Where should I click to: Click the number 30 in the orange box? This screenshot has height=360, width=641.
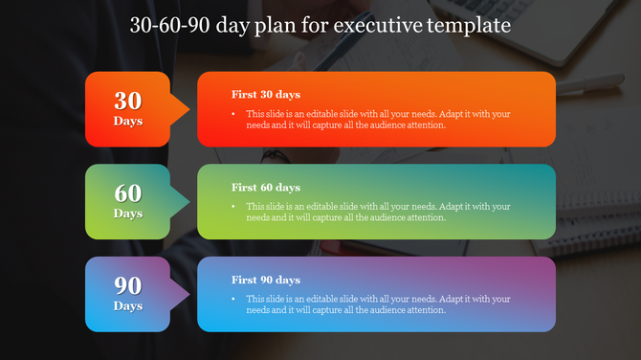[x=128, y=101]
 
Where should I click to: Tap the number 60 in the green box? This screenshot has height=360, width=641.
[x=128, y=193]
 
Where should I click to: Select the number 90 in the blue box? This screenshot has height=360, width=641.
[x=128, y=285]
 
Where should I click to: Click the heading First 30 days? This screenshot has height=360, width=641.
[x=266, y=95]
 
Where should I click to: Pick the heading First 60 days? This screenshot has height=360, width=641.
[x=266, y=188]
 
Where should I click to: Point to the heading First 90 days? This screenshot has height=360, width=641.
[x=266, y=280]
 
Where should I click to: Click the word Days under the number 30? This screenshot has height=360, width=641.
[x=128, y=122]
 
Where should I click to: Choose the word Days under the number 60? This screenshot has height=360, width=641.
[x=128, y=214]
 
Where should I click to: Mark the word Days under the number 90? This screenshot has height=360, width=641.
[x=128, y=306]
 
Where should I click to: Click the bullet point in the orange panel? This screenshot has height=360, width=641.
[x=235, y=114]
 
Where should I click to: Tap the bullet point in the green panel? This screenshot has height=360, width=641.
[x=235, y=207]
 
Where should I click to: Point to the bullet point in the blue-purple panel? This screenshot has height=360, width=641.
[x=235, y=299]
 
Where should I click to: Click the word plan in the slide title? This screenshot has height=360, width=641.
[x=273, y=24]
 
